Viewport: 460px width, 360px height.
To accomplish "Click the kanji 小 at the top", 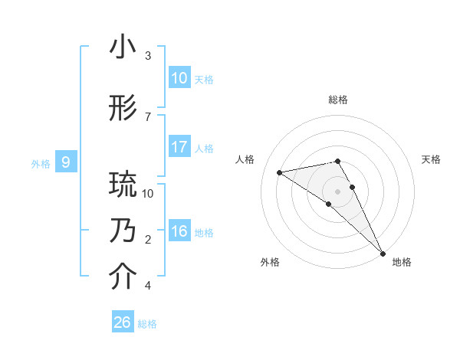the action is click(123, 47).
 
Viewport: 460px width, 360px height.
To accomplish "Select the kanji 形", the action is click(123, 109).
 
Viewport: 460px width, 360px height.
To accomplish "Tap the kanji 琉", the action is click(123, 185).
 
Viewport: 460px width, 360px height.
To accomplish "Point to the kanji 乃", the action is click(123, 231).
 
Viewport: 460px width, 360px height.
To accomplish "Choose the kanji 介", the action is click(123, 277).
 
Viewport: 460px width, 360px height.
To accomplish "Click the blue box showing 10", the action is click(179, 78).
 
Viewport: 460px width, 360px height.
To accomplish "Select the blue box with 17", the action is click(179, 147).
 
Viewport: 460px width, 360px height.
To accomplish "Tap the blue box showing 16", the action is click(179, 231).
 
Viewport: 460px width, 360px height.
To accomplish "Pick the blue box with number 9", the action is click(66, 162).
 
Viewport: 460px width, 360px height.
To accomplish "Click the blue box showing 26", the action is click(123, 322).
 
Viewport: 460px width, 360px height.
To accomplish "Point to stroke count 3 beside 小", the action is click(148, 56).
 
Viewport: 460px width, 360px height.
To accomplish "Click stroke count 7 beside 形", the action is click(148, 116).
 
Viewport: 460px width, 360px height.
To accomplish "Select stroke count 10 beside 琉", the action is click(148, 193).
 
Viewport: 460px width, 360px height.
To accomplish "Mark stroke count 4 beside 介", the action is click(148, 286).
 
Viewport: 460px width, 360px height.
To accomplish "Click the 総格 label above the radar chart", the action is click(338, 100).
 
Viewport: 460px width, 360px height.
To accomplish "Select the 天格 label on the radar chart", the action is click(432, 159).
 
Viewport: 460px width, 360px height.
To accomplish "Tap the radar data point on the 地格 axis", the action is click(383, 253).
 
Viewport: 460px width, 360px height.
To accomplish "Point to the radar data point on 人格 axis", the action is click(280, 172).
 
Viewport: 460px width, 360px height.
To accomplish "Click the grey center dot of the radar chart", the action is click(338, 190).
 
